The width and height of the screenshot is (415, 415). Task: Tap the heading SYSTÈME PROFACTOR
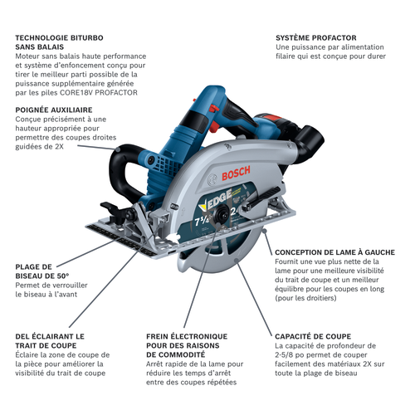(x=316, y=38)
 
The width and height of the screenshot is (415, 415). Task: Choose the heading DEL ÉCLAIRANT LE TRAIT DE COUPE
(x=50, y=341)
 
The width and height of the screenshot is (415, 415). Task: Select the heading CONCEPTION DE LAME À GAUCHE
(x=332, y=251)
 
